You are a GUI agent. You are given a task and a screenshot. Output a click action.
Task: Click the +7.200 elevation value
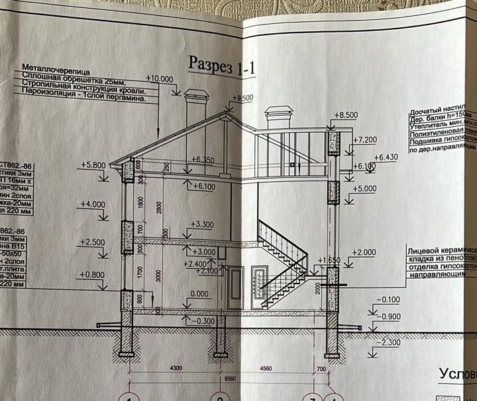pyautogui.click(x=365, y=140)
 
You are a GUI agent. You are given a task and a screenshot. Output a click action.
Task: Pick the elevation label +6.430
pyautogui.click(x=386, y=157)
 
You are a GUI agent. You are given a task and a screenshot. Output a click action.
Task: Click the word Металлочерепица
pyautogui.click(x=56, y=69)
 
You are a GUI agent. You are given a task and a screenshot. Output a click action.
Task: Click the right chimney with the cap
pyautogui.click(x=278, y=117)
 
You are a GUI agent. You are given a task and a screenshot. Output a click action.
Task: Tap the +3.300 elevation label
pyautogui.click(x=202, y=226)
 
